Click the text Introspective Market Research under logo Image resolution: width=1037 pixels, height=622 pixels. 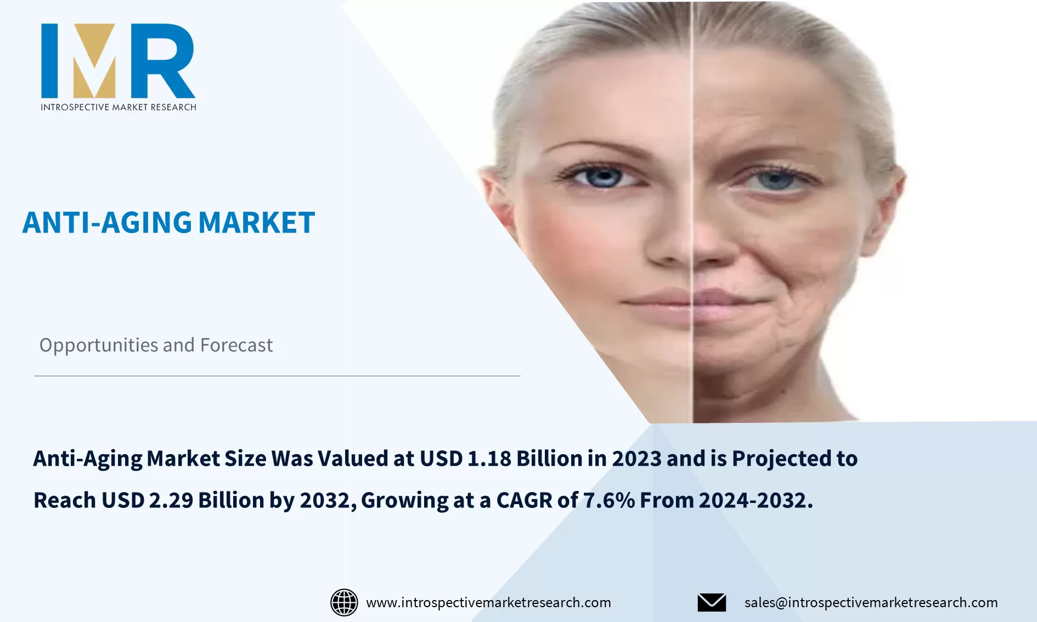tap(118, 107)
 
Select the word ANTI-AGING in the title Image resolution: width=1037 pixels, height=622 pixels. tap(107, 223)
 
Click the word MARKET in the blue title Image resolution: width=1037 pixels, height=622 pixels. tap(256, 223)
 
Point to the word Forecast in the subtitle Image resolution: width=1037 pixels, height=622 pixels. tap(236, 345)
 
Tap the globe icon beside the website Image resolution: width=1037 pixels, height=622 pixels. tap(344, 602)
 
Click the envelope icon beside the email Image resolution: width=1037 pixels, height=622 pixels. tap(712, 602)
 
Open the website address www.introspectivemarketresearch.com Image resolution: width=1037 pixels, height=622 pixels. tap(488, 602)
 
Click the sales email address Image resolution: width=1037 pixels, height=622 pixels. tap(871, 602)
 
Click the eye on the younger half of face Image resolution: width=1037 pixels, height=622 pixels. tap(602, 177)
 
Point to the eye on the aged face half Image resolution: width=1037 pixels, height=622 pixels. tap(775, 179)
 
